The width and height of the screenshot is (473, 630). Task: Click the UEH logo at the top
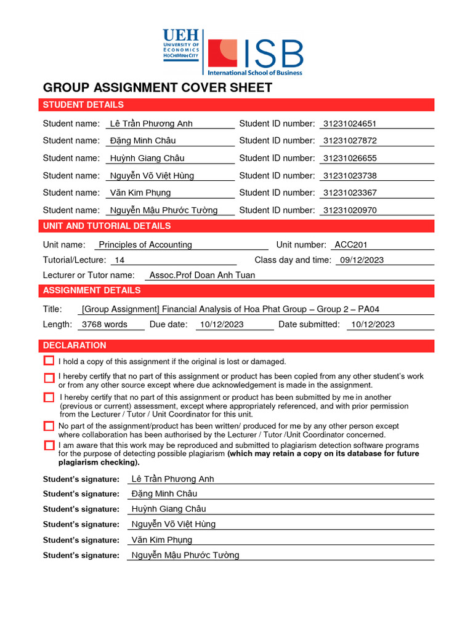click(180, 44)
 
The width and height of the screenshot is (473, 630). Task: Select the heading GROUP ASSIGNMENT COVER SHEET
click(157, 87)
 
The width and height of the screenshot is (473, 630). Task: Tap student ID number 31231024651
click(349, 124)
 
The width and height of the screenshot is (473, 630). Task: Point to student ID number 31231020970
click(349, 210)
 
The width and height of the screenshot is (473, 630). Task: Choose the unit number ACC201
click(351, 245)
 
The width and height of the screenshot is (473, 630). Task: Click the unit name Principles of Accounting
click(145, 245)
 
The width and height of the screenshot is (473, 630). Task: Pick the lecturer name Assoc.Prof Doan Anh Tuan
click(202, 275)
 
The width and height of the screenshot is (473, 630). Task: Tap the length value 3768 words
click(105, 324)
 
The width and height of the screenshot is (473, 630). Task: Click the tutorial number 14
click(119, 260)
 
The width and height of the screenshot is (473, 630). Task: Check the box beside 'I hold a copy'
click(49, 361)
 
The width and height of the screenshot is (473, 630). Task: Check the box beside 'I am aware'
click(49, 445)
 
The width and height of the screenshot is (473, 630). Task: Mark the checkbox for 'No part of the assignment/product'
click(49, 426)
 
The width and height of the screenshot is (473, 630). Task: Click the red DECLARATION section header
click(74, 346)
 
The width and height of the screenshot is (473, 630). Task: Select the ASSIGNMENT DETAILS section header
click(91, 290)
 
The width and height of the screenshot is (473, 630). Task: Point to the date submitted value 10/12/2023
click(373, 324)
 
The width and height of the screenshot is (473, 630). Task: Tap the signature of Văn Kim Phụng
click(162, 540)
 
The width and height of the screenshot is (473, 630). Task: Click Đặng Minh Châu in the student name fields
click(142, 141)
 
